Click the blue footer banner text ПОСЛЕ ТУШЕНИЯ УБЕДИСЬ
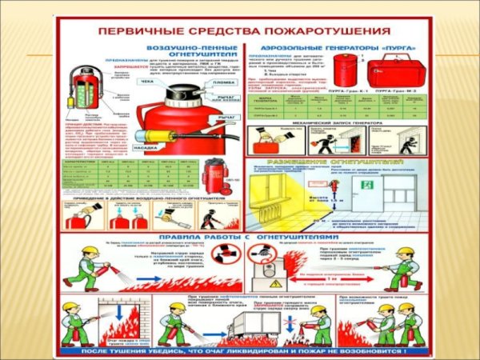point(239,350)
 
